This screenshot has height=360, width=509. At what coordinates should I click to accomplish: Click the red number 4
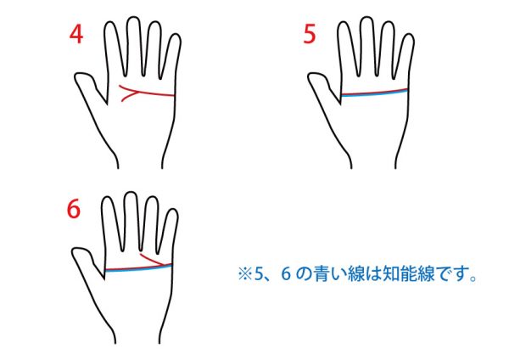[x=76, y=34]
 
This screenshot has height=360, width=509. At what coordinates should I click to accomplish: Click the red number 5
[x=310, y=35]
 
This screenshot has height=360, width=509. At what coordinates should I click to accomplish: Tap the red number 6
[x=73, y=209]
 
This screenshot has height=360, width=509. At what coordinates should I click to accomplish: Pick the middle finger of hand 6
[x=131, y=221]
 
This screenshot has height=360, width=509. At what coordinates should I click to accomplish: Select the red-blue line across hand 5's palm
[x=374, y=93]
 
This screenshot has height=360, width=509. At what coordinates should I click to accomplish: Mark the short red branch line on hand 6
[x=155, y=260]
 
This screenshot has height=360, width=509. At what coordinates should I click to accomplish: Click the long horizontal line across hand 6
[x=138, y=268]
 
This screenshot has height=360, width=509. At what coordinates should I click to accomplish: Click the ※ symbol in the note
[x=245, y=274]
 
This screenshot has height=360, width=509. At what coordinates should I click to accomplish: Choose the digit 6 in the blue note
[x=285, y=273]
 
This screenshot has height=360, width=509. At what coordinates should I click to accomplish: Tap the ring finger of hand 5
[x=386, y=48]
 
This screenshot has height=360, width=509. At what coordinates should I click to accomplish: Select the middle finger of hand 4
[x=134, y=46]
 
